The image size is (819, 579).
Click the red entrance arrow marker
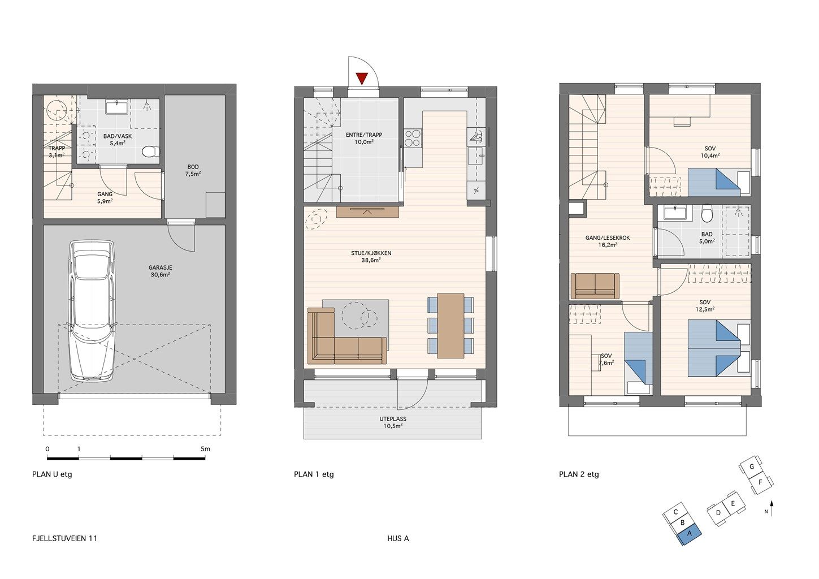coord(362,79)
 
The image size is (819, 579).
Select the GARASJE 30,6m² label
coord(160,271)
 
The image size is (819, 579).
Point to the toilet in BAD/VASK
coord(150,151)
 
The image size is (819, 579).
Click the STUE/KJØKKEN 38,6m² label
coord(371,257)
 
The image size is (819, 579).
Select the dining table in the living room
coord(450,326)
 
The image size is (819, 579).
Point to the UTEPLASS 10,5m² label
coord(393,422)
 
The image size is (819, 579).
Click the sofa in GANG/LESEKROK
coord(595,286)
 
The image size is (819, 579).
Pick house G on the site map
coord(751,467)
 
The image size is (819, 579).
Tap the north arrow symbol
coord(772,508)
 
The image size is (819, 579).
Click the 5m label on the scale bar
coord(205,449)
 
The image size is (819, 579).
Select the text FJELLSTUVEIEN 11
coord(65,538)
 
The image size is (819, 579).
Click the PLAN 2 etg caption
coord(579,474)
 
